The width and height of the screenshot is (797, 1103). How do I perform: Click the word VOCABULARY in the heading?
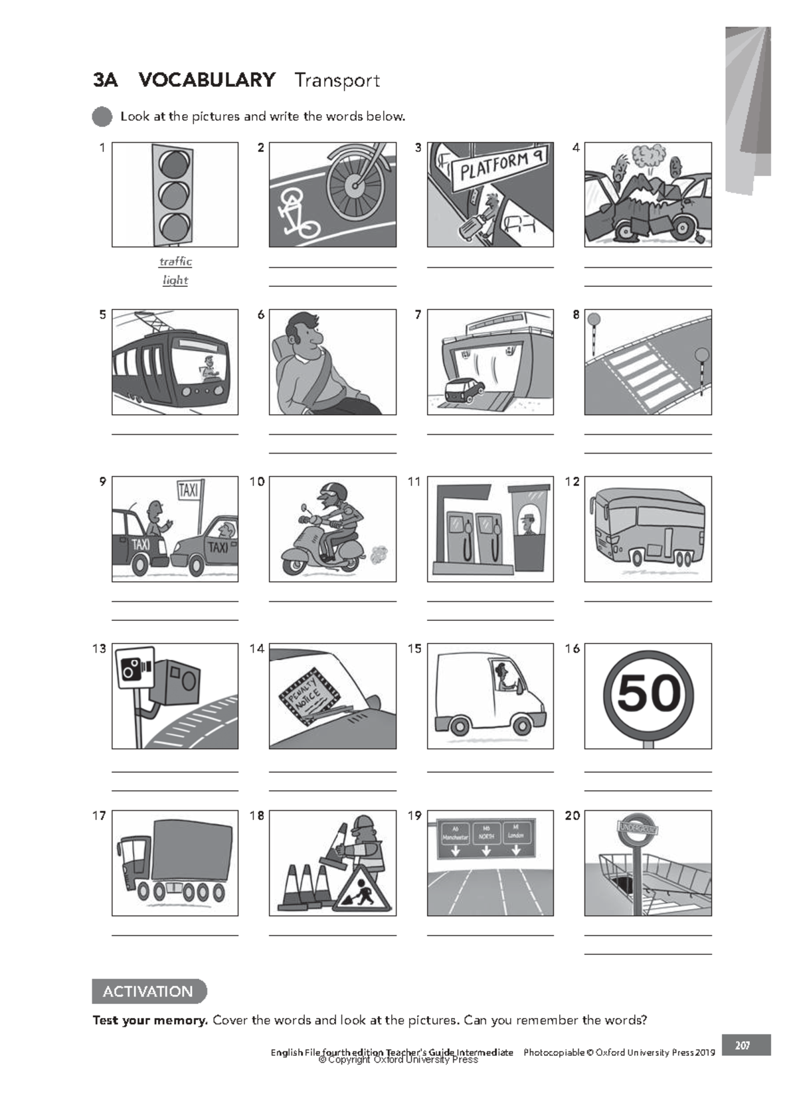[207, 80]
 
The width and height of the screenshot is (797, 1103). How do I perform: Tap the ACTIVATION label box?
[148, 991]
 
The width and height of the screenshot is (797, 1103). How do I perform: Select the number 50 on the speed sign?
[649, 693]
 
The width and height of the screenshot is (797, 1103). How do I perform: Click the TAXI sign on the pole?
[188, 490]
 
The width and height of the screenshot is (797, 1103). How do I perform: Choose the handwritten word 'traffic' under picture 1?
[175, 262]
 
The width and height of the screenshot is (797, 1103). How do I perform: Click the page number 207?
[743, 1045]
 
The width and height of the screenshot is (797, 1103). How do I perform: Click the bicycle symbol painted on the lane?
[295, 212]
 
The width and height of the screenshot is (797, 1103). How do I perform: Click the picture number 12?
[573, 482]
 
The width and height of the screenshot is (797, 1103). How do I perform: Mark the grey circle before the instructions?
[102, 117]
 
